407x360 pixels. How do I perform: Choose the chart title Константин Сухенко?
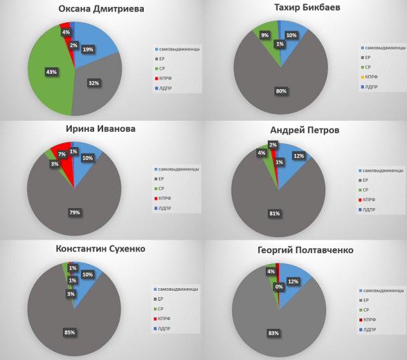100,247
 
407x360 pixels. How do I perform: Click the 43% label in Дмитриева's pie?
51,72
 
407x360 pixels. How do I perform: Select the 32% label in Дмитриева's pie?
93,83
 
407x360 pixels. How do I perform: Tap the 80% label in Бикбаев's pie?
280,92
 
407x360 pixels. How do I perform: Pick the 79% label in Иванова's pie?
75,212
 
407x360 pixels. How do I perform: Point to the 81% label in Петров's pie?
275,214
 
